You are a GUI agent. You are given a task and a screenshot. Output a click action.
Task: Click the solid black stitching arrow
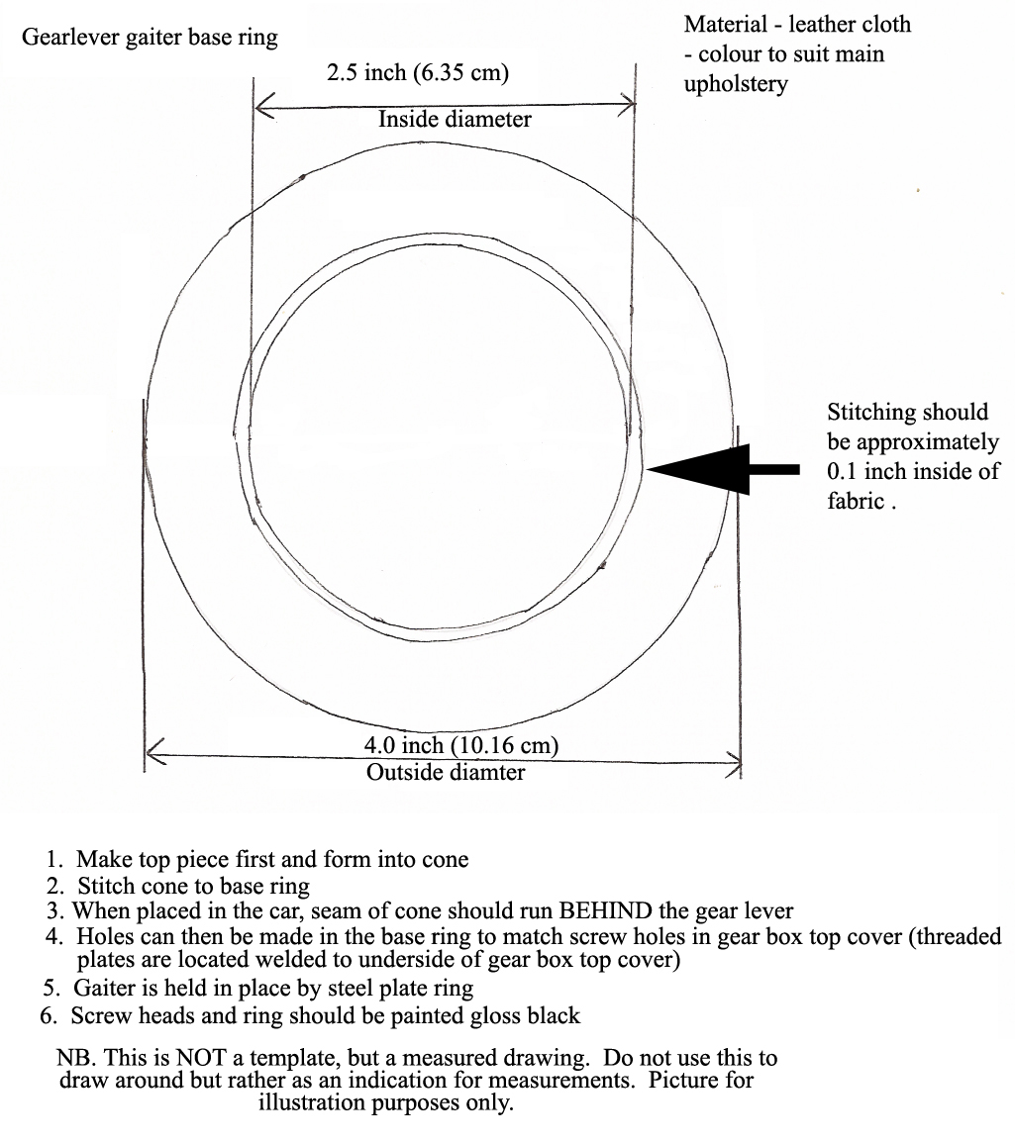point(722,469)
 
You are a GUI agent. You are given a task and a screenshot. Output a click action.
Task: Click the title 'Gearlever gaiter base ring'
point(151,38)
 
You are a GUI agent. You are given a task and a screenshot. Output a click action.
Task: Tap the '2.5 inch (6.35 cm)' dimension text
point(418,73)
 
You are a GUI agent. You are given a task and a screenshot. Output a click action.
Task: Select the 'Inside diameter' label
point(455,119)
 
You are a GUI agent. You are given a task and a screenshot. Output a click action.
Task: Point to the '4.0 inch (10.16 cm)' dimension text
point(460,745)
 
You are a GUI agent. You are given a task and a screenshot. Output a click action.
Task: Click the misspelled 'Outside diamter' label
point(446,772)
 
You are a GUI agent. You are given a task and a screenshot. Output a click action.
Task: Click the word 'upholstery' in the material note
point(736,84)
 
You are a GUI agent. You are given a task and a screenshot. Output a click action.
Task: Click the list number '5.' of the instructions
point(51,989)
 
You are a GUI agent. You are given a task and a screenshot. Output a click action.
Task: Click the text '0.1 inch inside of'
point(913,472)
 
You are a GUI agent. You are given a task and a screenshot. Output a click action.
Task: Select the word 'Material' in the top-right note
point(726,24)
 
